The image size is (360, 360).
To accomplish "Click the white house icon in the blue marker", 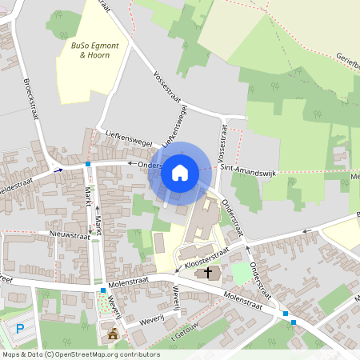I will (x=180, y=172).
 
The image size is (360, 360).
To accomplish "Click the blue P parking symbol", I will (x=20, y=328).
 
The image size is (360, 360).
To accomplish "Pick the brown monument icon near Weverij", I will (x=113, y=333).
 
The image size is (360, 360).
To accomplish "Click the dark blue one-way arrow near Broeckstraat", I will (x=58, y=170).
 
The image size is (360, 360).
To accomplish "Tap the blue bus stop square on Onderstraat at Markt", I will (x=88, y=164).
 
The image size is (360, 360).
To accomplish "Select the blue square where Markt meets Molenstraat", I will (x=102, y=290).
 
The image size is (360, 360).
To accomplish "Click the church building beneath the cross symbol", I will (x=208, y=277).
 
